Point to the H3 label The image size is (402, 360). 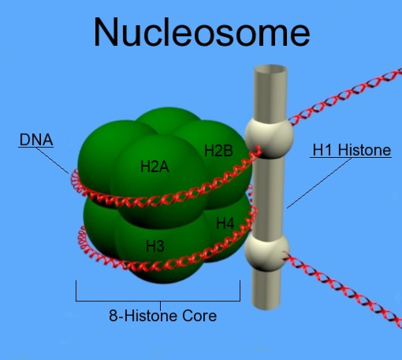[x=155, y=245]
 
